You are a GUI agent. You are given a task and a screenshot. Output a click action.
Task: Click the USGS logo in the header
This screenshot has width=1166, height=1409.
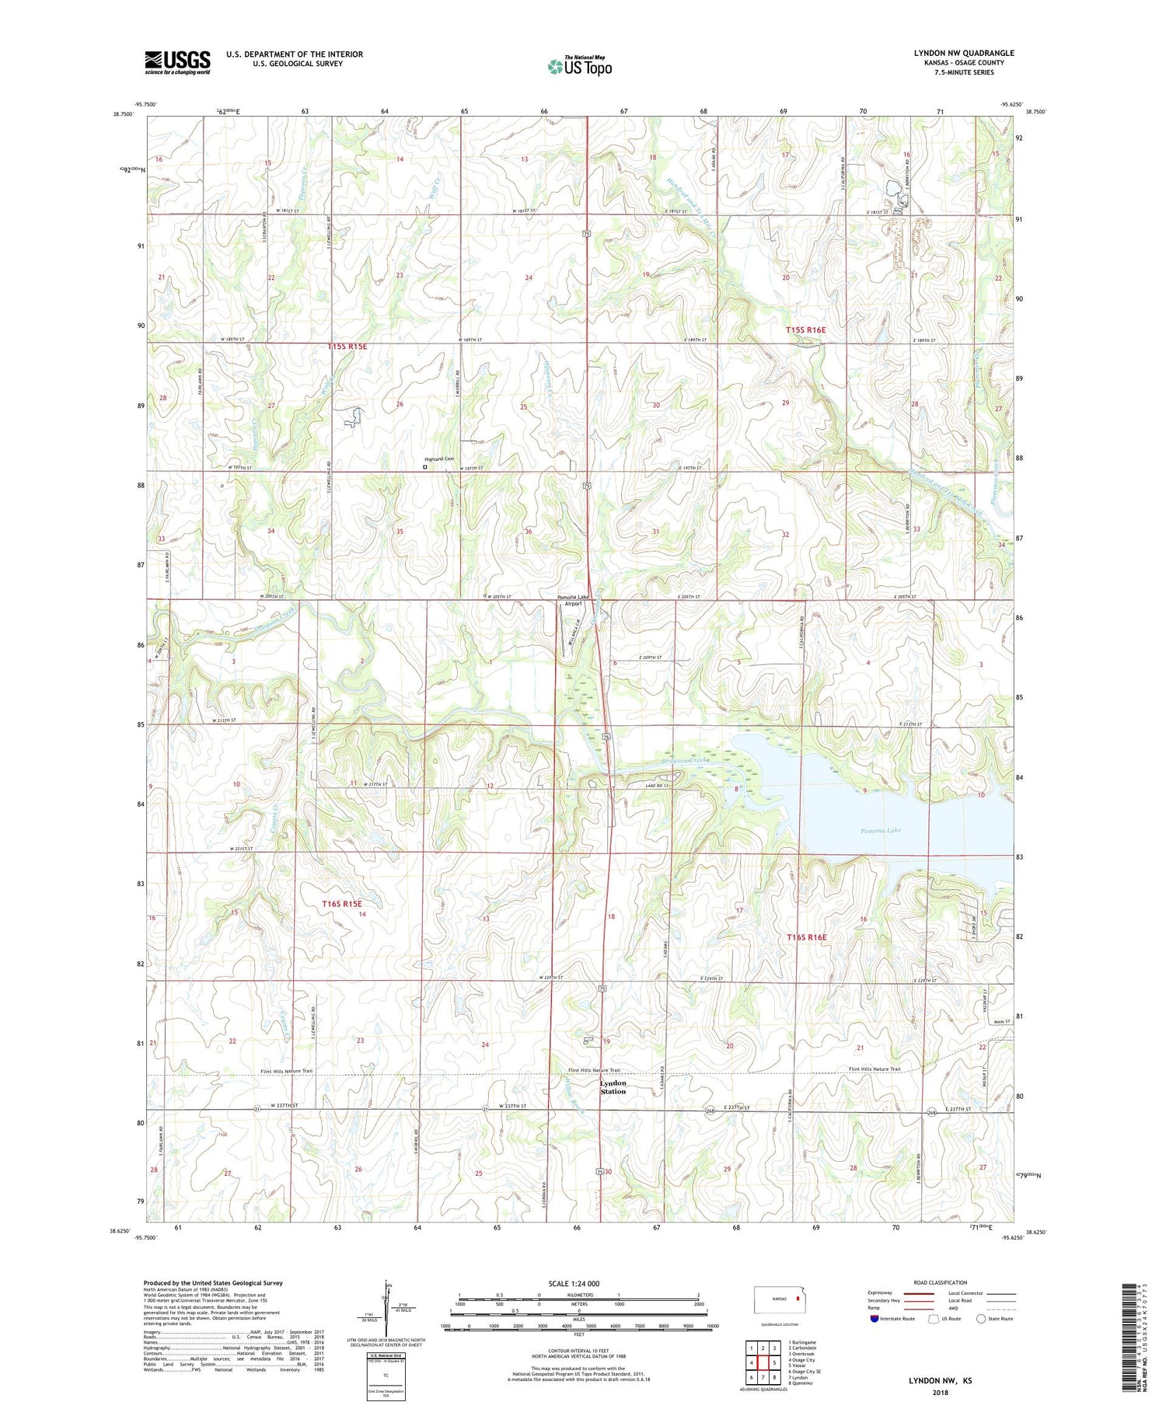pyautogui.click(x=177, y=62)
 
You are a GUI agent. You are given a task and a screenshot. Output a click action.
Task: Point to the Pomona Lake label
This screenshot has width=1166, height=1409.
pyautogui.click(x=881, y=831)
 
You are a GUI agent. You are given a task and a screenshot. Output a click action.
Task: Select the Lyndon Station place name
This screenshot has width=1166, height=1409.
pyautogui.click(x=613, y=1087)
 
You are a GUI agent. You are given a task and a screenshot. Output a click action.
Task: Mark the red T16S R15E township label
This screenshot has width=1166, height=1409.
pyautogui.click(x=342, y=903)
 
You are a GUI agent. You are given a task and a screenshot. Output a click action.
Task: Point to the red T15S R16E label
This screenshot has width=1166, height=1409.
pyautogui.click(x=805, y=330)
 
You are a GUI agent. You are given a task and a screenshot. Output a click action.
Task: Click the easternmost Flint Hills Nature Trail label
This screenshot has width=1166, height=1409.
pyautogui.click(x=874, y=1069)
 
